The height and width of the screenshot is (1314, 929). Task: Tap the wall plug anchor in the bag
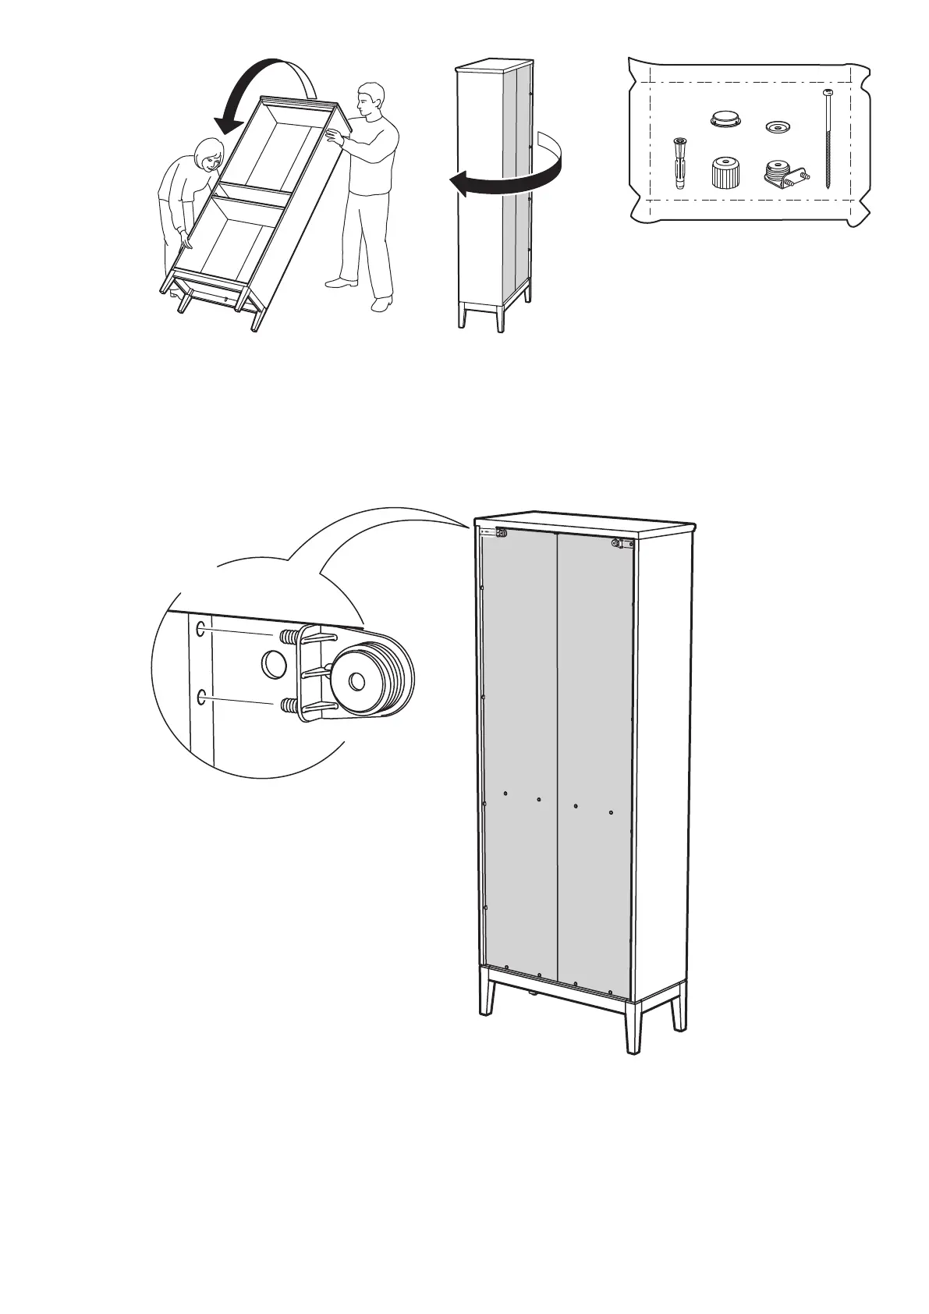pos(678,162)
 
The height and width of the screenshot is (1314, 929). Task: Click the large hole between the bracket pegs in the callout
pos(273,664)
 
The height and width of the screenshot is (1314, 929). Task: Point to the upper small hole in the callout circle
pos(201,628)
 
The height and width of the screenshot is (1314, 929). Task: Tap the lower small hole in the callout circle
pos(202,697)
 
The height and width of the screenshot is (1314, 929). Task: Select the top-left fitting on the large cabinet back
pos(502,533)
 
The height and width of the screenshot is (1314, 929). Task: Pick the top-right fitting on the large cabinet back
pos(616,542)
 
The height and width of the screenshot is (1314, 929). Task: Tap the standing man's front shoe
pos(381,305)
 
